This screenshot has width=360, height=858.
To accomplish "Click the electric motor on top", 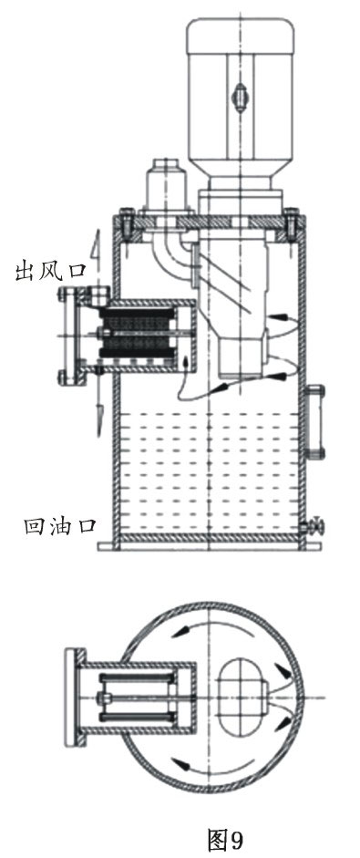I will coord(241,91).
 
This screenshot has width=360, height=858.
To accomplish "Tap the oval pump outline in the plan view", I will coord(244,698).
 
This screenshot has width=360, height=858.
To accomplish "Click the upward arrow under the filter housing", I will coord(188,370).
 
